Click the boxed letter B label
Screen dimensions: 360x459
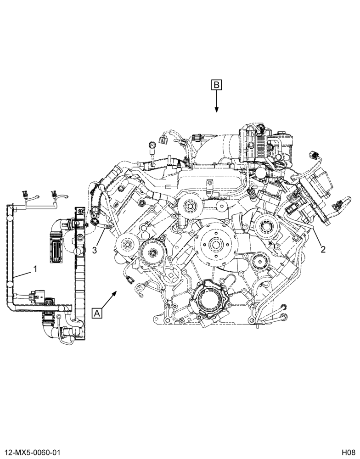point(216,84)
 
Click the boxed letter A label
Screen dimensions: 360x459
point(97,313)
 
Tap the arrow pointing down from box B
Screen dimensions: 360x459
point(216,101)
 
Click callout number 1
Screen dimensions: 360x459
point(35,269)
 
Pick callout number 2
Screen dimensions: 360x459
point(323,249)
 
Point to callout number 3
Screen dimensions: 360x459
point(94,250)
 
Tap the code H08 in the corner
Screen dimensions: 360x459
point(348,452)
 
